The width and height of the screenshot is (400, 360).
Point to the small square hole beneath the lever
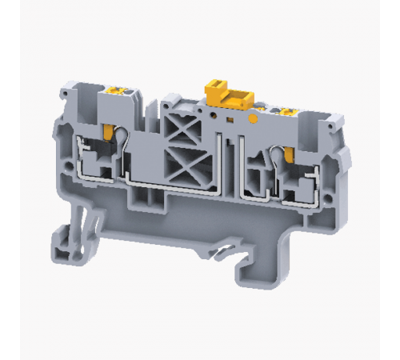[x=231, y=118]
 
